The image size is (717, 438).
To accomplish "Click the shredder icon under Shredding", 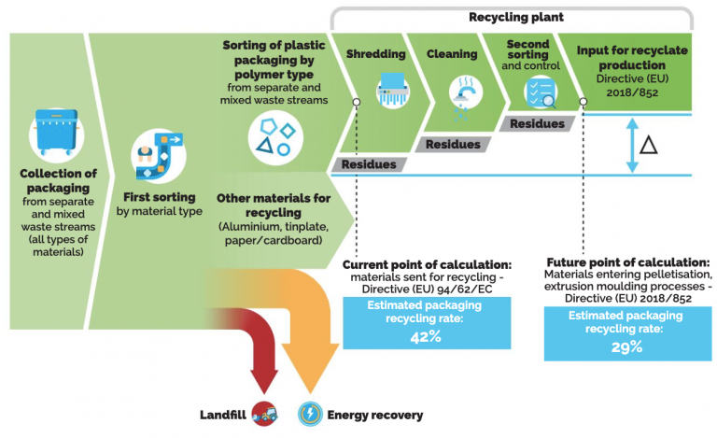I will click(393, 91).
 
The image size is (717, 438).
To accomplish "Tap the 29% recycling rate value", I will click(626, 347).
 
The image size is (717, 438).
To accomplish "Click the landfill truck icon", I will click(268, 414).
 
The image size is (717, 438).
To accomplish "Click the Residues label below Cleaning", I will click(453, 144).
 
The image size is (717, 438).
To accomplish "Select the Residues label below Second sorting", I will click(536, 123).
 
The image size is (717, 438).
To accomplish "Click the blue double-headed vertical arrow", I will click(632, 145).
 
